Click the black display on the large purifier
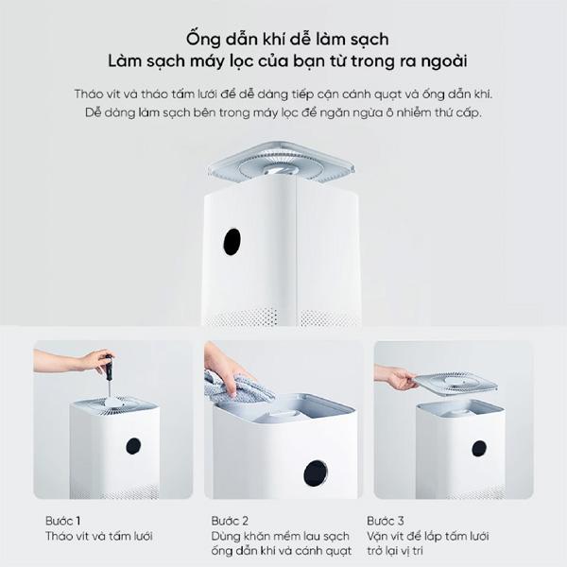[232, 242]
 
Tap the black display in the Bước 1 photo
[133, 446]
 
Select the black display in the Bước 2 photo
[316, 473]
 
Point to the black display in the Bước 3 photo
[479, 448]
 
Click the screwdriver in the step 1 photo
[108, 377]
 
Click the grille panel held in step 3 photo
[455, 383]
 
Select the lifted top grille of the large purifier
[282, 163]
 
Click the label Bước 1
[63, 521]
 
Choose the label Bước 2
[230, 521]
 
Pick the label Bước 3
[386, 521]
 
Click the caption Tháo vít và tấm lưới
[99, 536]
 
